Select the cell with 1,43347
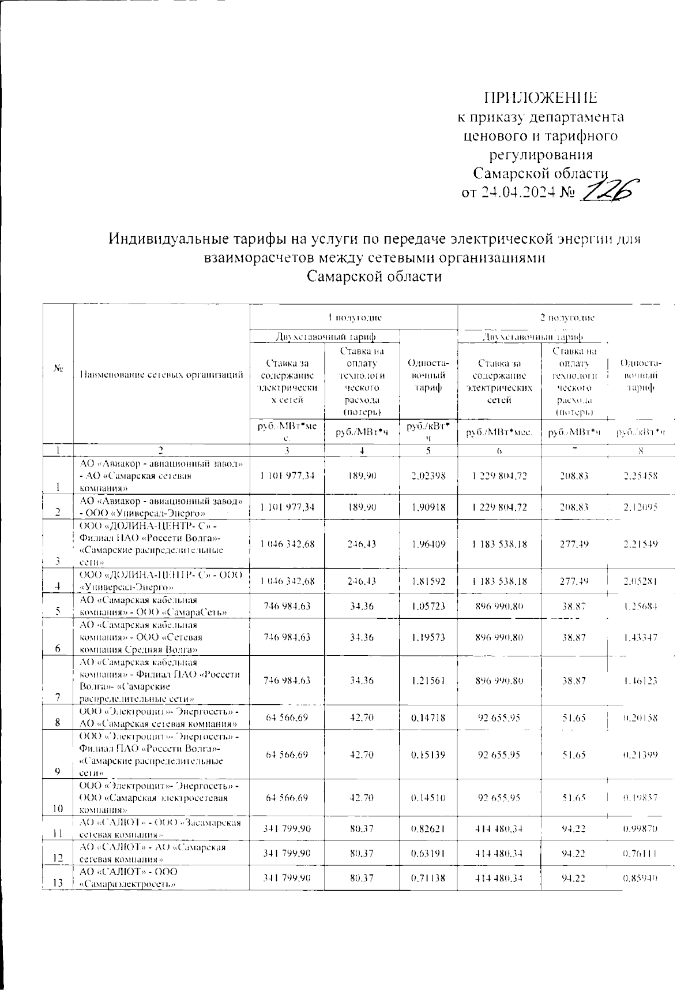(x=641, y=638)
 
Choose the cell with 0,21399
(x=641, y=755)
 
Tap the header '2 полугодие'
(x=571, y=317)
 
